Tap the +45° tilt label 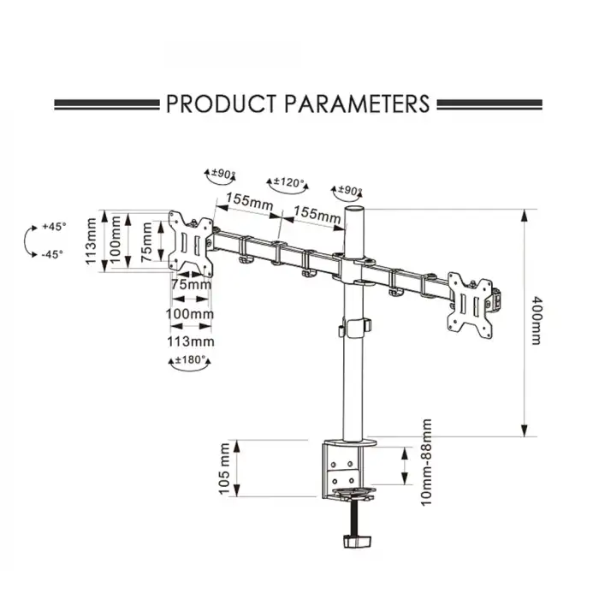coord(53,228)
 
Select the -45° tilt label coord(53,254)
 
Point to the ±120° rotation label coord(288,182)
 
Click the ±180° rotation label coord(191,360)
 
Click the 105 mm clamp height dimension coord(226,468)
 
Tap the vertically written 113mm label coord(92,242)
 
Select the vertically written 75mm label coord(147,242)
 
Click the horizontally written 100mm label coord(191,313)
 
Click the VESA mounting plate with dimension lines coord(192,243)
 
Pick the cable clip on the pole coord(355,328)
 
